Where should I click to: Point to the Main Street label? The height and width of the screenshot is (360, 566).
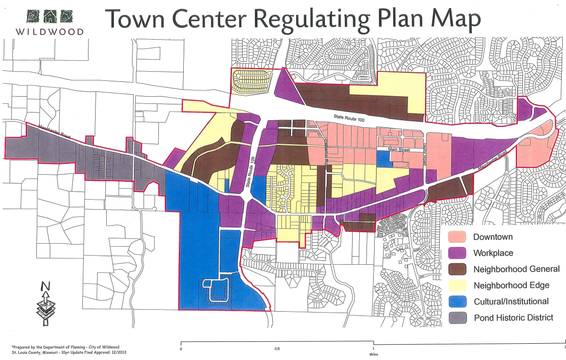pyautogui.click(x=399, y=150)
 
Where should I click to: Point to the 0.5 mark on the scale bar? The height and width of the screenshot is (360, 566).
pyautogui.click(x=277, y=349)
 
